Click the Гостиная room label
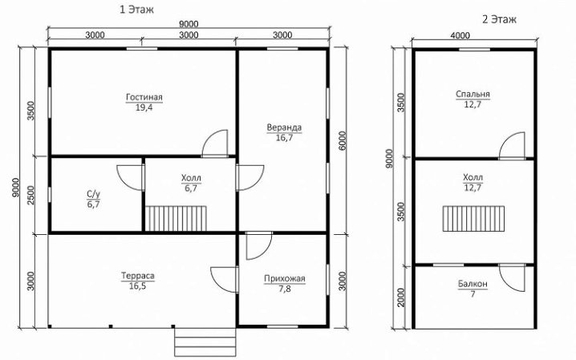(x=144, y=97)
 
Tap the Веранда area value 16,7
(x=284, y=138)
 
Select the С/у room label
(x=93, y=194)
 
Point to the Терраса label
(x=138, y=276)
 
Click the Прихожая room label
(x=285, y=279)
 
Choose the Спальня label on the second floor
(x=473, y=95)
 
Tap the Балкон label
(x=473, y=284)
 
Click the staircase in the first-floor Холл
(x=176, y=218)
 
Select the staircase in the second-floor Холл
(x=473, y=219)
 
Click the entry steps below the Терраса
(x=205, y=342)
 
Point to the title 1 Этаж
(x=136, y=10)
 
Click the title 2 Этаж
(x=499, y=19)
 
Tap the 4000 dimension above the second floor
(x=460, y=35)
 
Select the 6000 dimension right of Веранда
(x=342, y=140)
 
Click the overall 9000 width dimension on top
(x=189, y=24)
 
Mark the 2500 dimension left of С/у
(x=30, y=195)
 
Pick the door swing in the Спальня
(x=512, y=146)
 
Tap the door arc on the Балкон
(x=512, y=277)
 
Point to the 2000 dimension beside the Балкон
(x=400, y=297)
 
